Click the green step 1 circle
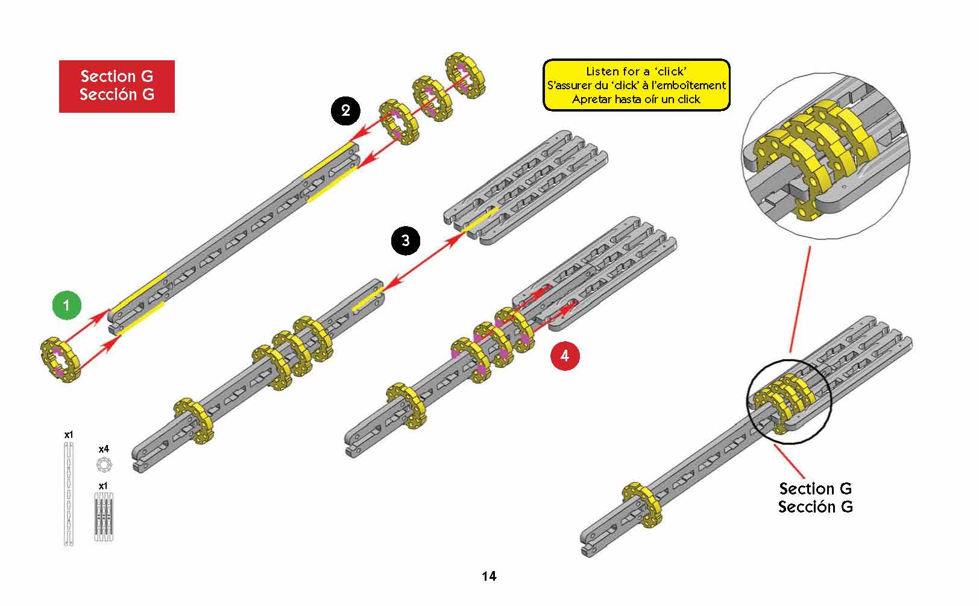tap(66, 305)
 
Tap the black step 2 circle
tap(345, 110)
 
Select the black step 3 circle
tap(405, 241)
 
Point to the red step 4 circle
tap(564, 356)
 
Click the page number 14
tap(489, 576)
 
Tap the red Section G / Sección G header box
tap(117, 86)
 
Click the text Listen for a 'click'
tap(636, 71)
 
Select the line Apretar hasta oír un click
tap(636, 99)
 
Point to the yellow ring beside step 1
tap(60, 360)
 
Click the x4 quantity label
tap(104, 449)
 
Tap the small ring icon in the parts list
tap(104, 465)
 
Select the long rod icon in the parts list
tap(69, 493)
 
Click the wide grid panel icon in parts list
tap(104, 516)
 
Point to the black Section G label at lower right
tap(815, 497)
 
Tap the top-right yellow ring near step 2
tap(465, 74)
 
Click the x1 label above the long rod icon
tap(69, 434)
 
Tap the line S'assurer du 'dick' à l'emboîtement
tap(636, 86)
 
